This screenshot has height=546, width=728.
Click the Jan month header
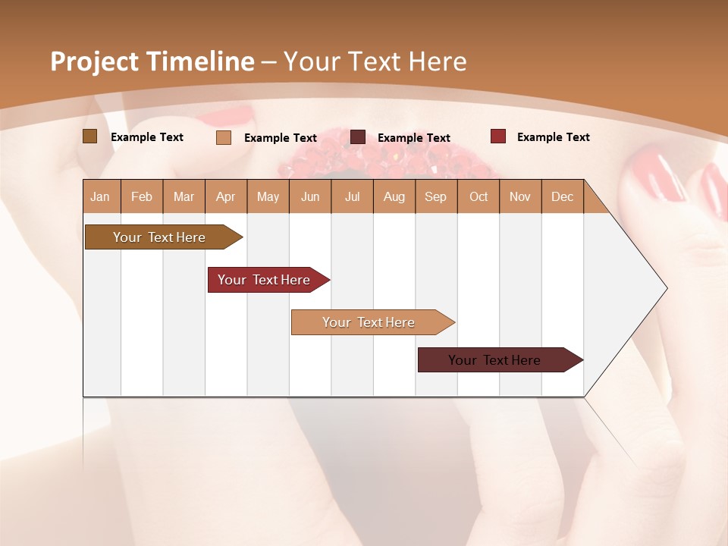click(x=100, y=196)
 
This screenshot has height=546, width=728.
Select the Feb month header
click(x=142, y=196)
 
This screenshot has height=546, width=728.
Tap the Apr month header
click(x=225, y=196)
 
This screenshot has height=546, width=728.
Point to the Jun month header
click(x=310, y=196)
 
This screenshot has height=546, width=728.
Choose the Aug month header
click(x=394, y=196)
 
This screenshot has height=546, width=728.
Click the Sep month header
click(x=435, y=196)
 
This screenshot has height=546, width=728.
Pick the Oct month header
click(x=479, y=196)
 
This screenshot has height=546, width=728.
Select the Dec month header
click(x=562, y=196)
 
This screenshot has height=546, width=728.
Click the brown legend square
click(x=89, y=136)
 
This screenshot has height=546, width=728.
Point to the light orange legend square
click(x=223, y=137)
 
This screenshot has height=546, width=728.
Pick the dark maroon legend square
click(x=358, y=137)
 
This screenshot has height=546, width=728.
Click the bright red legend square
click(x=497, y=136)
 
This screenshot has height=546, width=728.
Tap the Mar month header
click(x=184, y=196)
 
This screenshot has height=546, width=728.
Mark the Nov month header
click(x=520, y=196)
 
